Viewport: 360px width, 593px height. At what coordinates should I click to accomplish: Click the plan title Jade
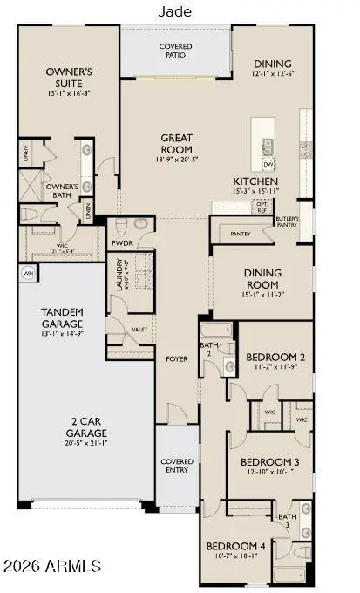175,11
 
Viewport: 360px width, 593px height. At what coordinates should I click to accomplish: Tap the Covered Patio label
175,51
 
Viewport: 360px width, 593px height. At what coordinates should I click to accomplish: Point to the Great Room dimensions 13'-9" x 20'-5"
176,160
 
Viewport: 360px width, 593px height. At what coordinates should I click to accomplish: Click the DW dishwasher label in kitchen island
269,163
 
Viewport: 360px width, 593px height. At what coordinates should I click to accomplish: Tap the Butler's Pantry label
288,222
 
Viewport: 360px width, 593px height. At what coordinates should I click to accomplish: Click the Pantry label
241,234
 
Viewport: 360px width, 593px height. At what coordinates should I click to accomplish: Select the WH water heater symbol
25,272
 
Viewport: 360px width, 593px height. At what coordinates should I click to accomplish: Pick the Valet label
139,330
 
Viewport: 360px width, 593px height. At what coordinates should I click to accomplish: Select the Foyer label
177,358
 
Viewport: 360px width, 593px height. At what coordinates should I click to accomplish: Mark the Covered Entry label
176,467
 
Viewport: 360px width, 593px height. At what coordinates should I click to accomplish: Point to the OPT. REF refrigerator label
262,207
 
